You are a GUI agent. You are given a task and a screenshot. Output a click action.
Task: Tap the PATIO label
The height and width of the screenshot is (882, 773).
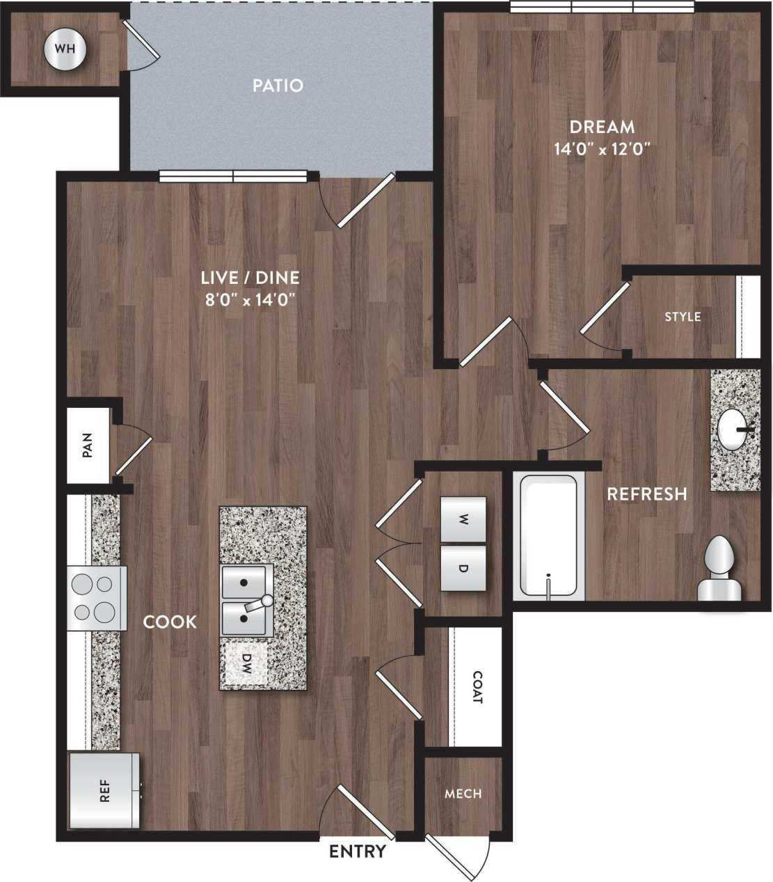click(x=278, y=86)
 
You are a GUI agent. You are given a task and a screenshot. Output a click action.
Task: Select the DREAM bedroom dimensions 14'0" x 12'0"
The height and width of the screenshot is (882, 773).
click(x=602, y=148)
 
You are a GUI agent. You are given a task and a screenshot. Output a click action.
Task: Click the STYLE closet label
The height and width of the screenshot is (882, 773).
click(x=682, y=317)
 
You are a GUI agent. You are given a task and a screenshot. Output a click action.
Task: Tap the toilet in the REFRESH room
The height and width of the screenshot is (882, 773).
click(x=719, y=569)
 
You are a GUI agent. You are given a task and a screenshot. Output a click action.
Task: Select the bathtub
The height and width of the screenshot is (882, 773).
click(x=550, y=536)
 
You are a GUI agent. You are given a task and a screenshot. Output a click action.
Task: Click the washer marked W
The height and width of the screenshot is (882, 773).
click(x=463, y=519)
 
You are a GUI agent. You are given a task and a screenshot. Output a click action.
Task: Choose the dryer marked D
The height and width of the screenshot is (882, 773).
click(x=463, y=567)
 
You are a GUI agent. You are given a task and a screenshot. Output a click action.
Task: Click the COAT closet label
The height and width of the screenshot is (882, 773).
click(x=477, y=687)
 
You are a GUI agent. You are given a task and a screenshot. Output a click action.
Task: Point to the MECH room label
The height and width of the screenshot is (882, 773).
click(x=463, y=794)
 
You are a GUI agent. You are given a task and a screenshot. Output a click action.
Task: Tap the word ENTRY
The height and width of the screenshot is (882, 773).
click(x=357, y=851)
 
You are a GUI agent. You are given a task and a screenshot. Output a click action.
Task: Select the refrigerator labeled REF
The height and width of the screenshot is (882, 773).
click(x=104, y=791)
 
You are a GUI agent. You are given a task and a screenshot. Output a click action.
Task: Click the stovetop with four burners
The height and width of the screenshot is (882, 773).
click(x=97, y=597)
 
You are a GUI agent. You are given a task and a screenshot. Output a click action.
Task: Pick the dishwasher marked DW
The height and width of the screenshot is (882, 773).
click(x=246, y=664)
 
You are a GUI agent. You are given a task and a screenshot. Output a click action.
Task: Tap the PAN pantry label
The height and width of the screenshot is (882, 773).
click(x=88, y=446)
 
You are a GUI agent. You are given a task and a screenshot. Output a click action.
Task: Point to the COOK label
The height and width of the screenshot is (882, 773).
click(x=170, y=622)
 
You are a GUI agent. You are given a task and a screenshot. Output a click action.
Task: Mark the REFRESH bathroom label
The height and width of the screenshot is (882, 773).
click(x=646, y=494)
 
